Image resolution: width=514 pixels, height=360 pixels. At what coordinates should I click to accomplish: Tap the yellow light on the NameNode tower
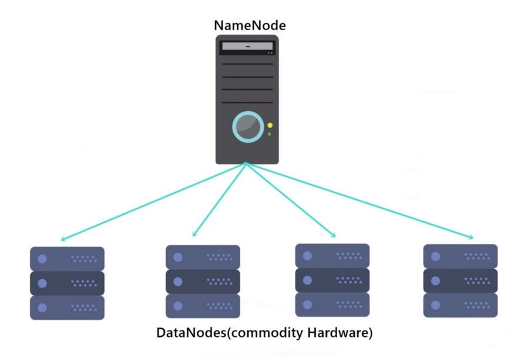coord(270,125)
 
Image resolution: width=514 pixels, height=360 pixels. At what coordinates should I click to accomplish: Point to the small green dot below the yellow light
coord(270,135)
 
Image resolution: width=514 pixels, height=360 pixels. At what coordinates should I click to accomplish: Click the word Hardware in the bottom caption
coord(340,333)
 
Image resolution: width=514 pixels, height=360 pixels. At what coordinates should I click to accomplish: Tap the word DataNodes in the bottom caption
coord(190,333)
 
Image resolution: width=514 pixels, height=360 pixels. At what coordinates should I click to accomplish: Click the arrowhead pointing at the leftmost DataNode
coord(62,240)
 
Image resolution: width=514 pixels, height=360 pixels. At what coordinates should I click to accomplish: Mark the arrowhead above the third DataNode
coord(333,235)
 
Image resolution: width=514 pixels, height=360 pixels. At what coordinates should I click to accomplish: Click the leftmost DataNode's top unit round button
coord(42,259)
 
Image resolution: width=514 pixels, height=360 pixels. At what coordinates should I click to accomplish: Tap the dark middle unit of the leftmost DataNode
coord(67,283)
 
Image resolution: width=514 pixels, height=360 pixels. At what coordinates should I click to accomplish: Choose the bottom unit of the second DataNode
coord(203,306)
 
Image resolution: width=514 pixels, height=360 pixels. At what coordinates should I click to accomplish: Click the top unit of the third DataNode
coord(332,256)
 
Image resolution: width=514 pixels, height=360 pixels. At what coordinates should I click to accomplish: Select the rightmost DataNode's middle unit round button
coord(435,281)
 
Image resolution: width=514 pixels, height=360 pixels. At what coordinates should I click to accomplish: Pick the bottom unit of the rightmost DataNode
coord(460,305)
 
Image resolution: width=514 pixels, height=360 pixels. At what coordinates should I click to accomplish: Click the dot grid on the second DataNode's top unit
coord(220,257)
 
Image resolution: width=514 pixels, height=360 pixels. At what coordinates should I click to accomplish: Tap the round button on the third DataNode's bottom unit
coord(307,305)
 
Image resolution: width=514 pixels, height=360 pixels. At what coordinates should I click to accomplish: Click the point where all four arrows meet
coord(247,164)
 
